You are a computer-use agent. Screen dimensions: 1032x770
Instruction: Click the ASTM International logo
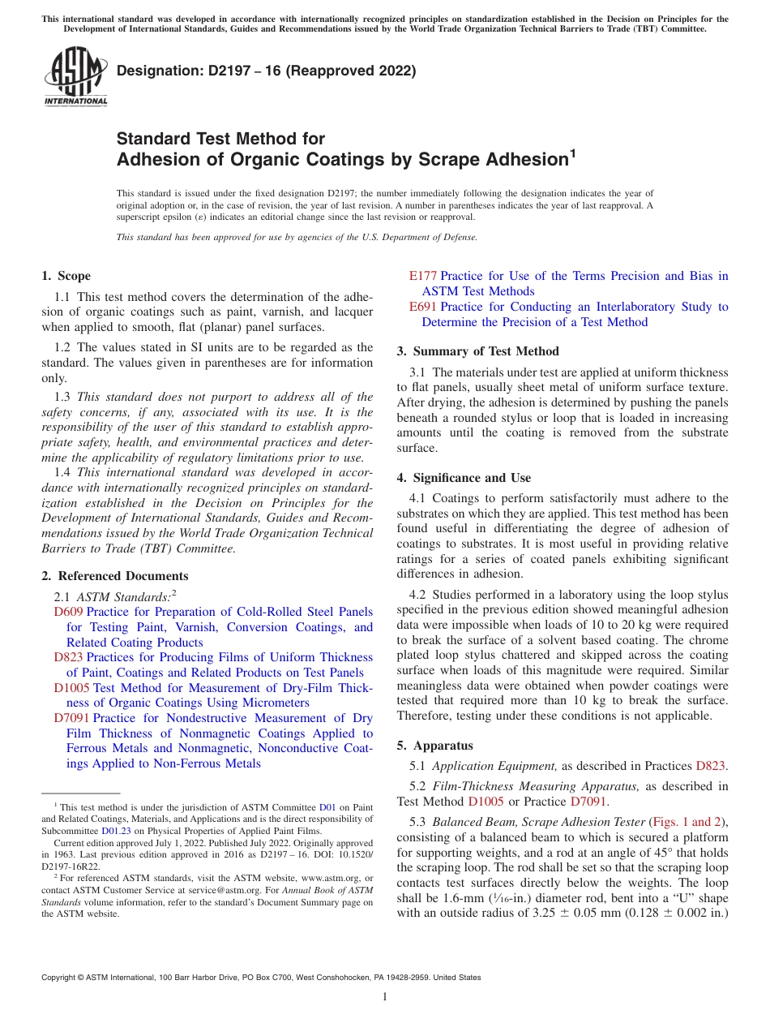(75, 77)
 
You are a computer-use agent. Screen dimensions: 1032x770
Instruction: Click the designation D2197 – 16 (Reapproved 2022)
(266, 71)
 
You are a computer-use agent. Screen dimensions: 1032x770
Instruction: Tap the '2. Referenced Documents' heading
(114, 576)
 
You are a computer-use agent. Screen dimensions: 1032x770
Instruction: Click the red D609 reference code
(68, 612)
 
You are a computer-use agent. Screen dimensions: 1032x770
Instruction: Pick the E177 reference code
(423, 276)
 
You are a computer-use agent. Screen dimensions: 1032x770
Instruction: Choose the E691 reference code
(423, 307)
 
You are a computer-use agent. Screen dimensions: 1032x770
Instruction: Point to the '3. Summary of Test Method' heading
(477, 351)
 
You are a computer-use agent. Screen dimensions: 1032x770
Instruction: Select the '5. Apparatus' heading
(434, 746)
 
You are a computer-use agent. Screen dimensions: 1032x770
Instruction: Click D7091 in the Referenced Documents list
(71, 718)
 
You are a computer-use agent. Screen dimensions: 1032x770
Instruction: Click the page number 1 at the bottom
(385, 997)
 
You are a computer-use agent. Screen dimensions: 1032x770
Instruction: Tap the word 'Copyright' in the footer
(61, 978)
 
